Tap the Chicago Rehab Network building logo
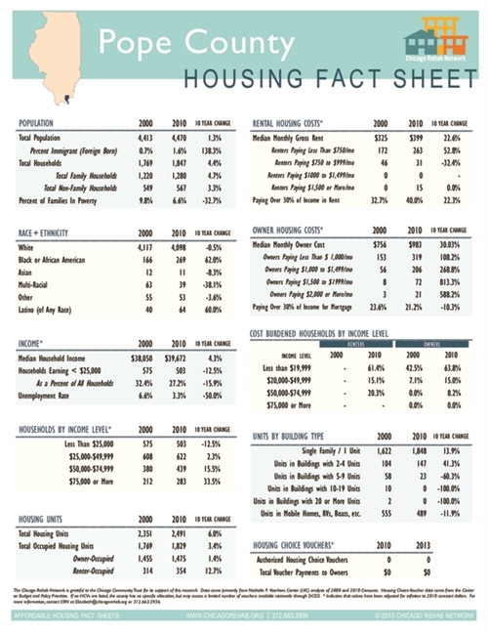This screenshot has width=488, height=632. tap(435, 42)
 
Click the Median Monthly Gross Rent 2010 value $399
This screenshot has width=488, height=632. tap(416, 138)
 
